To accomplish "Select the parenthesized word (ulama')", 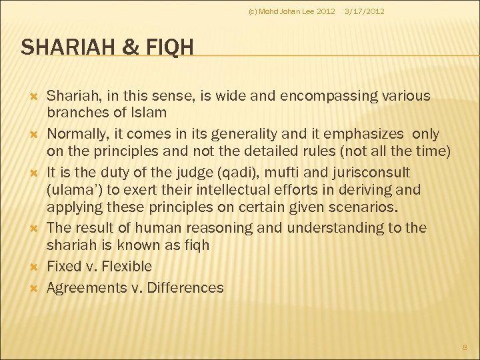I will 73,189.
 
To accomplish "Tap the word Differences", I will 186,288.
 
